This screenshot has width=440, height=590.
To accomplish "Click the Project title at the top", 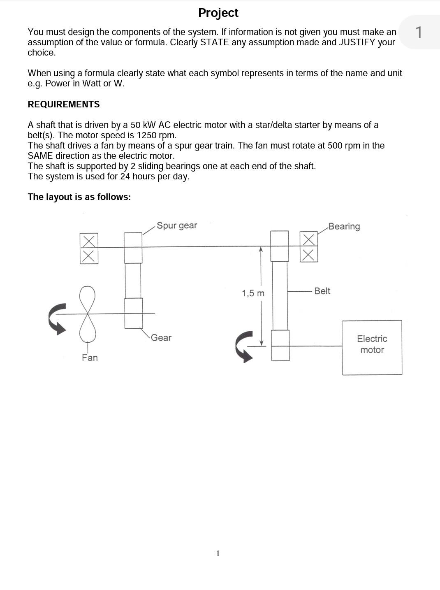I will pyautogui.click(x=218, y=13).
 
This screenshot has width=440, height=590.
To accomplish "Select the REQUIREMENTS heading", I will pyautogui.click(x=63, y=105).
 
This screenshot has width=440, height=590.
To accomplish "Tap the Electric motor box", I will pyautogui.click(x=372, y=347).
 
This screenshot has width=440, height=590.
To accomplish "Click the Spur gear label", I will pyautogui.click(x=177, y=225).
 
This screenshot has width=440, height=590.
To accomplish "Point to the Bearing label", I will pyautogui.click(x=344, y=226).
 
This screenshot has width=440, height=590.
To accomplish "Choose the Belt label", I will pyautogui.click(x=322, y=291).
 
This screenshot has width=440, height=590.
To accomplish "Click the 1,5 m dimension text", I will pyautogui.click(x=253, y=293).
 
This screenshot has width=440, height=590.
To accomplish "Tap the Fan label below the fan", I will pyautogui.click(x=90, y=358).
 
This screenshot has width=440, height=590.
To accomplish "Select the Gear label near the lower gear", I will pyautogui.click(x=161, y=338).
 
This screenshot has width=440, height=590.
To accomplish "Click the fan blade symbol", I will pyautogui.click(x=87, y=314).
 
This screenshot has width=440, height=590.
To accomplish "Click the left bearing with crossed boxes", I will pyautogui.click(x=89, y=248).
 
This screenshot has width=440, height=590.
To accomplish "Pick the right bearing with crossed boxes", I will pyautogui.click(x=308, y=246).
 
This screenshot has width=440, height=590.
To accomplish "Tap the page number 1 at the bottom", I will pyautogui.click(x=218, y=553).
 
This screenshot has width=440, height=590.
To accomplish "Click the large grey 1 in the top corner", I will pyautogui.click(x=419, y=32).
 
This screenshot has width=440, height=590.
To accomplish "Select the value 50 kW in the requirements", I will pyautogui.click(x=141, y=125).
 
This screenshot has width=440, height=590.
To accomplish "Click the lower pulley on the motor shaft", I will pyautogui.click(x=280, y=346).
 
